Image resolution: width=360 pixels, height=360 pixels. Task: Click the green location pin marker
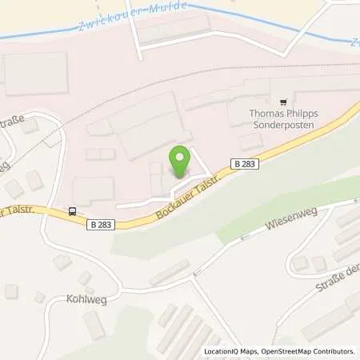pos(180,162)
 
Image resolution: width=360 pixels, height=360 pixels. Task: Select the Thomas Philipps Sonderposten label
pos(283,119)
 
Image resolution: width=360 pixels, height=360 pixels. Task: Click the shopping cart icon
pos(282,102)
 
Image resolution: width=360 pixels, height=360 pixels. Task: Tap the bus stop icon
pos(73,212)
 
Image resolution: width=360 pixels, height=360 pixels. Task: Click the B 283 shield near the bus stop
pos(102,225)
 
